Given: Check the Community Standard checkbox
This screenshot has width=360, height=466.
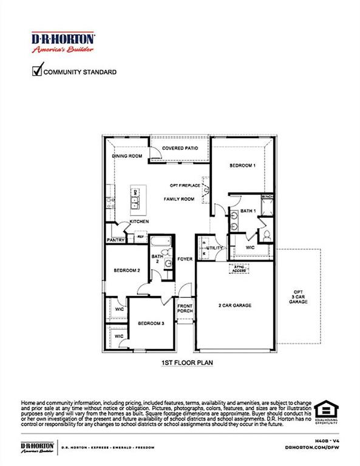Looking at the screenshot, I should [x=36, y=72].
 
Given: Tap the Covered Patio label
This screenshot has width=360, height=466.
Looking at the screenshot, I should [x=180, y=148].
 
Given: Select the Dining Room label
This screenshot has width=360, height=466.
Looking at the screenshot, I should [x=127, y=156].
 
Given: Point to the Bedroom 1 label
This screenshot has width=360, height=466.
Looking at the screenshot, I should [x=242, y=165].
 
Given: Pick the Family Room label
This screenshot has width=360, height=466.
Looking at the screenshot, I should [x=179, y=199].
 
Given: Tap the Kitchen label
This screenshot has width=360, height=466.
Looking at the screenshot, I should [x=140, y=221].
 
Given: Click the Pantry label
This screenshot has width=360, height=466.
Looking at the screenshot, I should [x=115, y=240].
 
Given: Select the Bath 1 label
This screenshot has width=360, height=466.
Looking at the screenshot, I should [x=247, y=211].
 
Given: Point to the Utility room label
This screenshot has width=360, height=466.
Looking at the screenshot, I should [x=214, y=248].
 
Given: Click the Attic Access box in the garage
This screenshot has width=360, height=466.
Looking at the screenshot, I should [x=237, y=268].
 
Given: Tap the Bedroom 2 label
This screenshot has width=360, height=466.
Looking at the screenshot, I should [x=127, y=271].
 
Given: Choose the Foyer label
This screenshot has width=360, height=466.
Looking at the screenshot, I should [x=185, y=259].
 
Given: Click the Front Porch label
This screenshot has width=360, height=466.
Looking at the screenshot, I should [x=185, y=308].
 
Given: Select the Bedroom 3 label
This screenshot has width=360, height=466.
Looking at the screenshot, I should [x=151, y=323].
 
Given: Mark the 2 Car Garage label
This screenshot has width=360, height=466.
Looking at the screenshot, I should [x=235, y=305].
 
